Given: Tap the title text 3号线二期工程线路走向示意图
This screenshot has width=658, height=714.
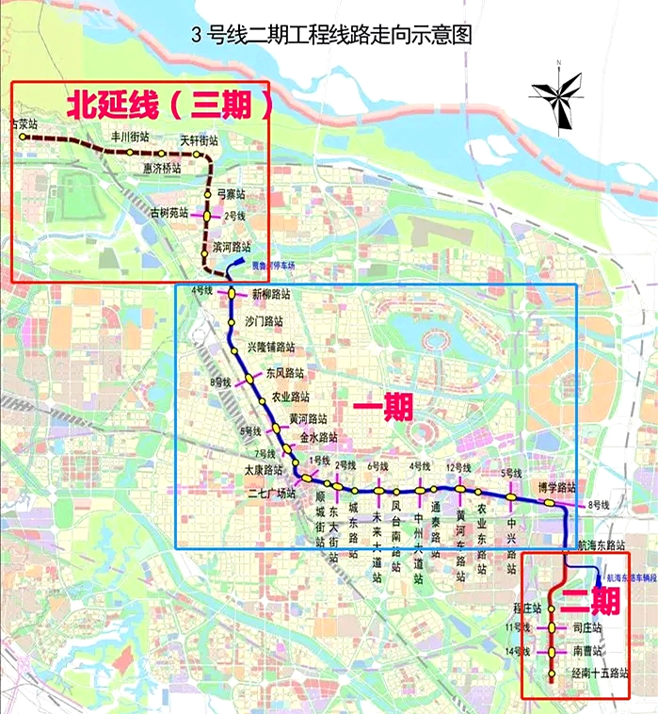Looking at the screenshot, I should (x=329, y=38).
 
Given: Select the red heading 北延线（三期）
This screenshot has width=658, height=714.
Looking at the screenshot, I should (x=169, y=104).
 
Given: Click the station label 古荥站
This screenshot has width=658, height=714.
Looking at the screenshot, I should (x=23, y=123).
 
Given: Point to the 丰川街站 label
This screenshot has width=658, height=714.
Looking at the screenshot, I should (x=130, y=137).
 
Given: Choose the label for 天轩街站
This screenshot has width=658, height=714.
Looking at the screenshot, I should (x=199, y=139).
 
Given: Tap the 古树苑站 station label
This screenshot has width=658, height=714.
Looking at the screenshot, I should (x=170, y=213).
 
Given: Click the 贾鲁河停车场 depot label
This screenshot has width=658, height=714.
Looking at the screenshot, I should (x=272, y=267).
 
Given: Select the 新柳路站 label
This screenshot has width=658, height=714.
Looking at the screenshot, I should (x=271, y=295).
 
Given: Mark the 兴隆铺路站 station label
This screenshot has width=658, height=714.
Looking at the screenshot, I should (x=276, y=347).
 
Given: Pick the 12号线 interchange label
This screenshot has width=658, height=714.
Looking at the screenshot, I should (x=458, y=467).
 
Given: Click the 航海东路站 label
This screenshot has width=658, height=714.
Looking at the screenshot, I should (x=602, y=545).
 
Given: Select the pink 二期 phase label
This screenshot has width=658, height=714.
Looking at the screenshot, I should (x=590, y=600).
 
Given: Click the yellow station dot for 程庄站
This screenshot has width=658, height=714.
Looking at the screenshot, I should (x=553, y=609).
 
